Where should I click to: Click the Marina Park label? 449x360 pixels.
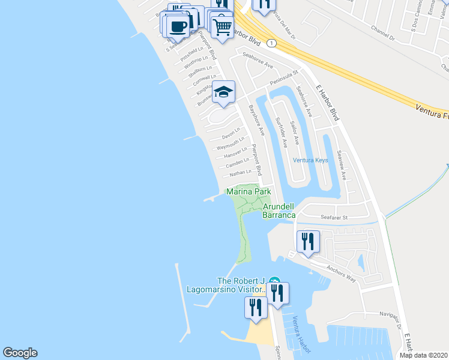[249, 191]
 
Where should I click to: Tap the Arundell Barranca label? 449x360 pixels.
[279, 211]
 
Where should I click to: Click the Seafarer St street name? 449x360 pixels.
[336, 217]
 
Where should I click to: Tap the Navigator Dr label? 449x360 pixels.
[382, 314]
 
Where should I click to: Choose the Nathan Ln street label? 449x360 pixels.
[240, 173]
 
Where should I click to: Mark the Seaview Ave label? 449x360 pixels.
[342, 163]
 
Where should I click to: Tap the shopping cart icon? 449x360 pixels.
[222, 26]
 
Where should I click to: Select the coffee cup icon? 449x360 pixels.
[178, 26]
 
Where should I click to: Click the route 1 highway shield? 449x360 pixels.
[273, 43]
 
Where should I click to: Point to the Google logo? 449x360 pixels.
[20, 353]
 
